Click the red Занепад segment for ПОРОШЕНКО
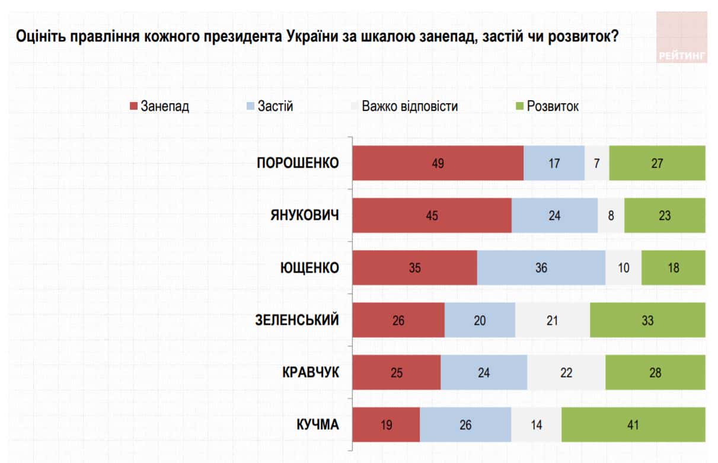[438, 163]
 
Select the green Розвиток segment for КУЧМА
[633, 424]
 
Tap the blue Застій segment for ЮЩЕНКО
[541, 268]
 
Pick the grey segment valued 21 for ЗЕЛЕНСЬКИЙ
[552, 320]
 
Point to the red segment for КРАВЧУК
[397, 372]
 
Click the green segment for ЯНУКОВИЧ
[665, 215]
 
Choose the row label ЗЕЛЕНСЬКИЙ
[298, 320]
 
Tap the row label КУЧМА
[318, 424]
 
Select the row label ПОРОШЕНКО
[298, 163]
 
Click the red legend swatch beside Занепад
[133, 107]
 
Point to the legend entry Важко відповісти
[410, 107]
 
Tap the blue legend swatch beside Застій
[250, 107]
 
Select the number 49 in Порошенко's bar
[438, 163]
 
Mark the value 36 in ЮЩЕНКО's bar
[541, 268]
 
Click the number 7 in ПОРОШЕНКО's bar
[596, 163]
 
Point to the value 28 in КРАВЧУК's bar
[655, 372]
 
